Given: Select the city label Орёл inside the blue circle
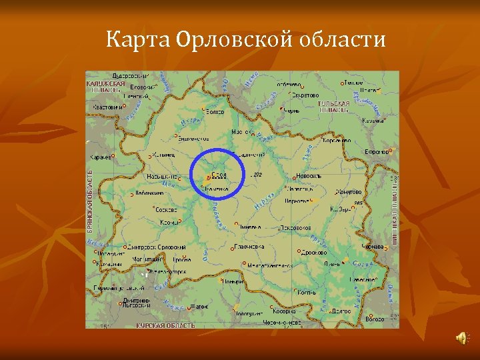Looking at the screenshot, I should (x=219, y=175).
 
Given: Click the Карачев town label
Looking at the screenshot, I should (x=100, y=157).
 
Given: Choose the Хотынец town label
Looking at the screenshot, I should (x=164, y=155).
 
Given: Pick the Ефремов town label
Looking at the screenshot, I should (x=377, y=152).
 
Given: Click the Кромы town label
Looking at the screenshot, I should (x=169, y=222).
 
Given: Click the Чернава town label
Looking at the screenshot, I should (x=373, y=247).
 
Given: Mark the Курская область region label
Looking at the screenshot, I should (x=165, y=325).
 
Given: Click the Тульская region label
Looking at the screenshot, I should (x=333, y=104).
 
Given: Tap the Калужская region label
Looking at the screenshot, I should (x=105, y=84).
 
